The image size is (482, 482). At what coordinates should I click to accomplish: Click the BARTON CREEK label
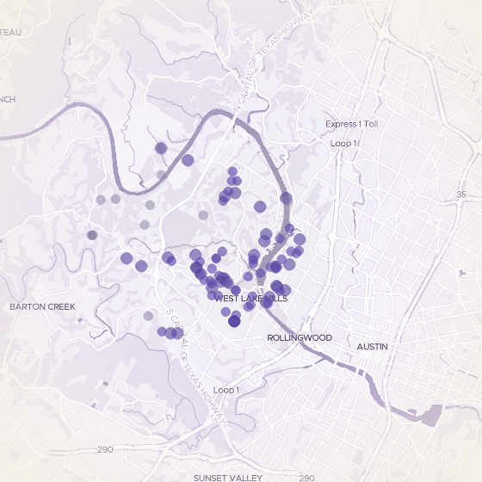(x=42, y=306)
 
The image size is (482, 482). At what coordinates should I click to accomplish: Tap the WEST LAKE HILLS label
(x=251, y=298)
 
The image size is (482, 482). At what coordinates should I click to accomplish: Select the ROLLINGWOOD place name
(x=294, y=338)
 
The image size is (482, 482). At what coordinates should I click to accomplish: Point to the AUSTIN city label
(x=372, y=346)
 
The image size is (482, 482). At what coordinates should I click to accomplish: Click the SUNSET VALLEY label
(x=226, y=477)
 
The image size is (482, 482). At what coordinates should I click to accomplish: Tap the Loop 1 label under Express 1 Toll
(x=343, y=143)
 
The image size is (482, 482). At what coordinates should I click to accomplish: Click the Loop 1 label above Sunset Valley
(x=226, y=391)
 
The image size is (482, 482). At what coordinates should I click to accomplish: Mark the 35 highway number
(x=460, y=195)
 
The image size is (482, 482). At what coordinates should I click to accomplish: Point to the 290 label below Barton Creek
(x=105, y=450)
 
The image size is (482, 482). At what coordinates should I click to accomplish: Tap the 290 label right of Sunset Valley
(x=306, y=477)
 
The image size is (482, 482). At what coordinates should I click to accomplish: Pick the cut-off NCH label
(x=7, y=99)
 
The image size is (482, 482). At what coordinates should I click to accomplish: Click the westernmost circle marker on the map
(x=92, y=235)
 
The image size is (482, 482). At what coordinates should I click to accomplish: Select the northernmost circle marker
(x=160, y=148)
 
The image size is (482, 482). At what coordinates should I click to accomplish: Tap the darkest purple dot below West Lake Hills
(x=234, y=321)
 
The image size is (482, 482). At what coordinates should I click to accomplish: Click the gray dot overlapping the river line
(x=161, y=175)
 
